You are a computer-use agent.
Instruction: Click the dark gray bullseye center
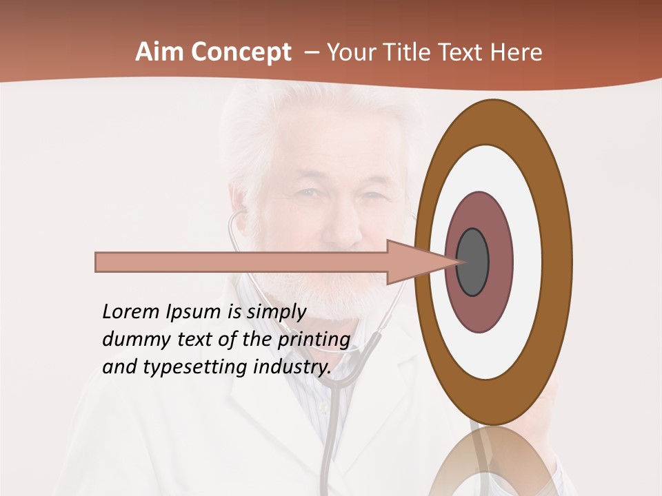pos(472,262)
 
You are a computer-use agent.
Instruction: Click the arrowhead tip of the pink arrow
pos(458,262)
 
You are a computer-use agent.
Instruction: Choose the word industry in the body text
pos(290,367)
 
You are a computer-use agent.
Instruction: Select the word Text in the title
pos(464,52)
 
